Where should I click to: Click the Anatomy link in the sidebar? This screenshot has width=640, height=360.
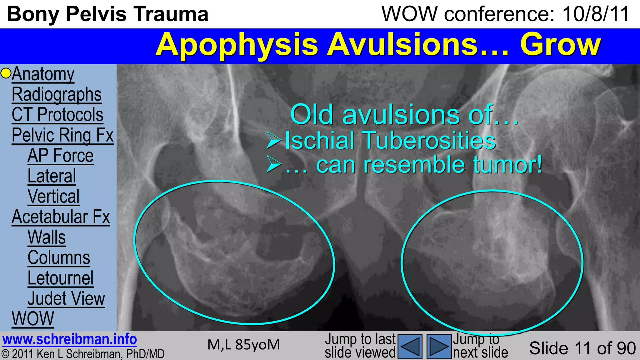[x=43, y=75]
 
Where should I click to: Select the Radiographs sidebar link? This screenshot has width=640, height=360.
[x=57, y=95]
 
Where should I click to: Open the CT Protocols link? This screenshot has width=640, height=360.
[x=57, y=115]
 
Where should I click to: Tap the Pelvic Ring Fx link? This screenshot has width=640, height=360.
[x=62, y=136]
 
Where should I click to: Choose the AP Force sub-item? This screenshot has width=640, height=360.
[x=60, y=156]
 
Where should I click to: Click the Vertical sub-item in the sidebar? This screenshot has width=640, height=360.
[x=53, y=197]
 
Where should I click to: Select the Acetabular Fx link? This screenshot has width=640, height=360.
[x=61, y=217]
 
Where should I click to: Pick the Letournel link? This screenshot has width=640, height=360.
[x=60, y=278]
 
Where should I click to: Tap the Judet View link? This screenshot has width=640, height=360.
[x=66, y=299]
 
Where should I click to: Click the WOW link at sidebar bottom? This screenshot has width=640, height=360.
[x=33, y=319]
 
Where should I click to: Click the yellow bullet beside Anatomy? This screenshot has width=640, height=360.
[x=6, y=73]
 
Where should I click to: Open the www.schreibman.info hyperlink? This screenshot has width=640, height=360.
[x=69, y=340]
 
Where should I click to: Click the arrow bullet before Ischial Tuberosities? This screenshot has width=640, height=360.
[x=274, y=140]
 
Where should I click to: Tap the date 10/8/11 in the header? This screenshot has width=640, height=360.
[x=596, y=14]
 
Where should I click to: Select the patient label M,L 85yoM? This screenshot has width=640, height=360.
[x=243, y=345]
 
